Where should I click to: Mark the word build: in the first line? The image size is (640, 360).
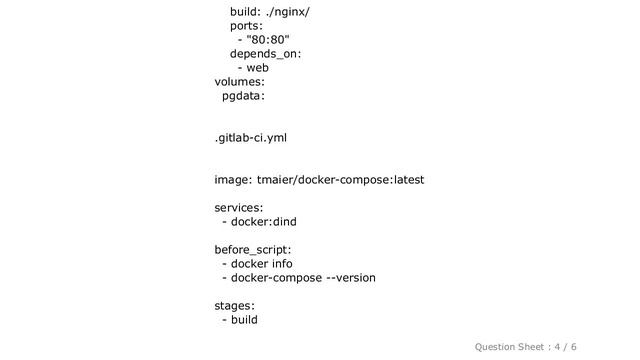pyautogui.click(x=247, y=11)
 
